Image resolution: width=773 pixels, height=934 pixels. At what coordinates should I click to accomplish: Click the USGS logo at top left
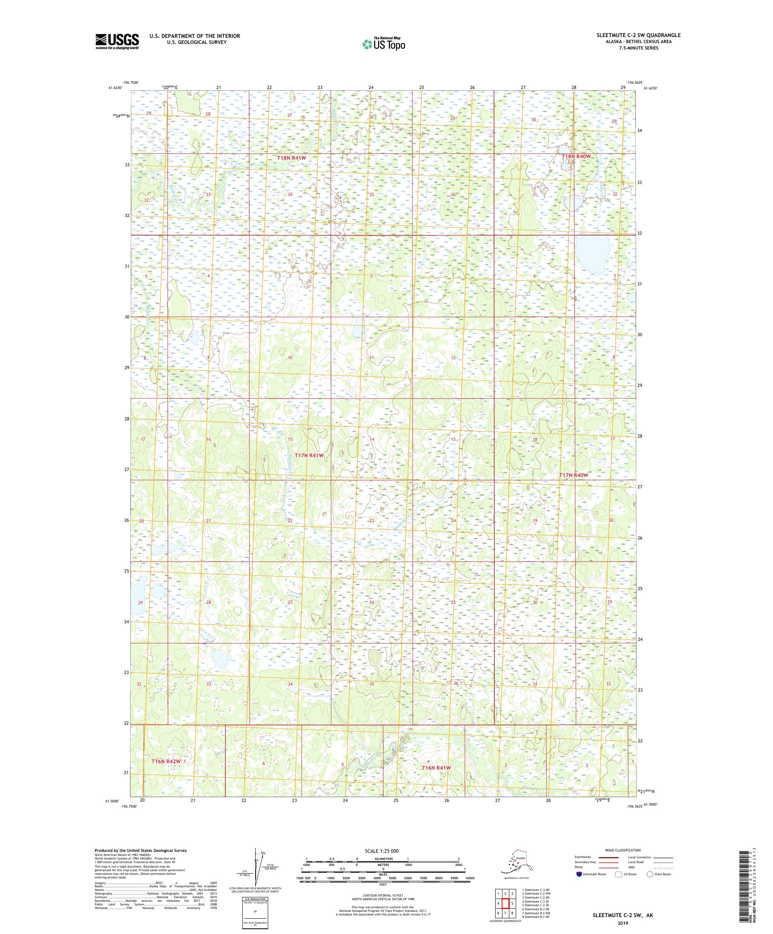[116, 42]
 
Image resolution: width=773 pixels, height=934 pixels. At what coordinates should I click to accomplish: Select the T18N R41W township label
[291, 157]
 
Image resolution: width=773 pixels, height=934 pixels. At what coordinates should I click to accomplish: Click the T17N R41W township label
[309, 455]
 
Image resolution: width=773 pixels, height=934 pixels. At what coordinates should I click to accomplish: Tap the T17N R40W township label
[573, 475]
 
